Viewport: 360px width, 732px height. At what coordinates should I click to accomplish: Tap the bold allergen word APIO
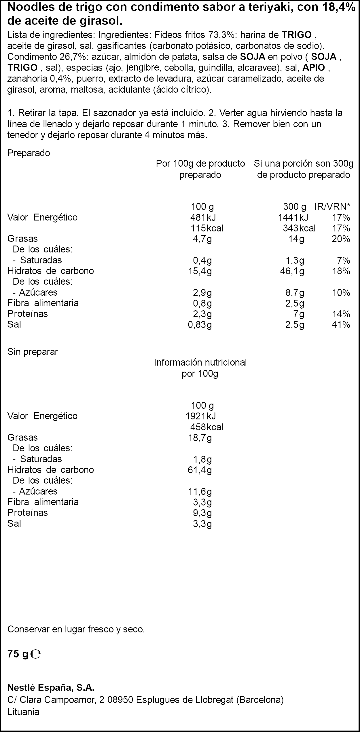click(x=314, y=68)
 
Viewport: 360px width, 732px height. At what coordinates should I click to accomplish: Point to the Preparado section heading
click(x=29, y=153)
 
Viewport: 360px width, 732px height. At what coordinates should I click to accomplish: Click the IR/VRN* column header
click(x=333, y=206)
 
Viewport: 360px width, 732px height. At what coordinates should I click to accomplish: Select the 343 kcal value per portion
click(x=299, y=228)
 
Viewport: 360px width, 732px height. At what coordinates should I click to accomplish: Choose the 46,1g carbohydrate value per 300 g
click(x=292, y=271)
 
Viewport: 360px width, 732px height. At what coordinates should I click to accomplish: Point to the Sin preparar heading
click(x=33, y=352)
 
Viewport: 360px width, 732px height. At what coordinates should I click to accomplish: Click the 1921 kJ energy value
click(x=200, y=416)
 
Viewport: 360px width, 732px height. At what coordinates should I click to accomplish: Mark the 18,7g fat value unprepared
click(x=200, y=438)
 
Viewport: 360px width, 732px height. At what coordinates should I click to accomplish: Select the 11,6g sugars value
click(x=200, y=491)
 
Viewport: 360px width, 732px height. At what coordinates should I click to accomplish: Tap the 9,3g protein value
click(x=202, y=513)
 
